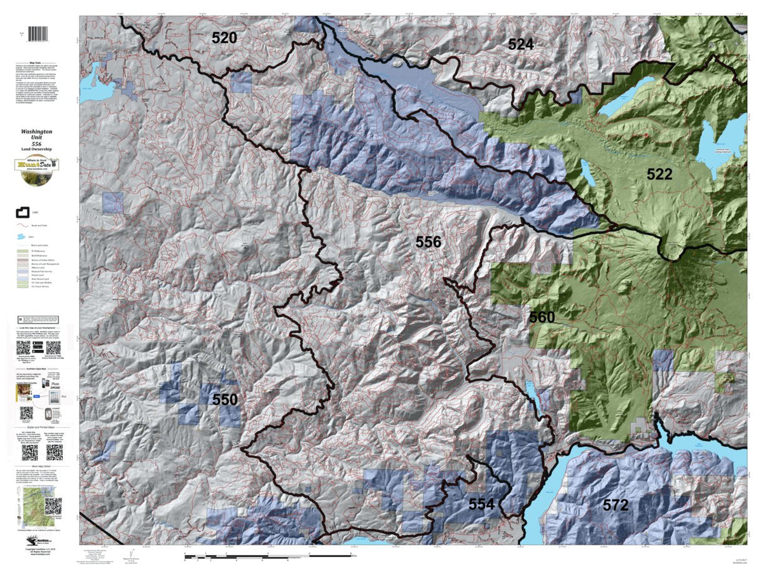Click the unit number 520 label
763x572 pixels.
point(224,38)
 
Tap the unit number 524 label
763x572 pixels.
point(521,44)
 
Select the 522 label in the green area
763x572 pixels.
point(659,174)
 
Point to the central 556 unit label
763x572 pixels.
point(428,242)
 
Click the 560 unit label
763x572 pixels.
point(542,317)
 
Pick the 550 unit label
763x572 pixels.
point(225,400)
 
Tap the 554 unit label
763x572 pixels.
point(482,504)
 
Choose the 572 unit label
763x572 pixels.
point(615,505)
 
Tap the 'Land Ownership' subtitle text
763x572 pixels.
point(39,149)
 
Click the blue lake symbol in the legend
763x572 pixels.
point(22,236)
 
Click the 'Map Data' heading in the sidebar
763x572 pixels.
point(39,64)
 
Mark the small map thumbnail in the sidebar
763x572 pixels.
point(30,505)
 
